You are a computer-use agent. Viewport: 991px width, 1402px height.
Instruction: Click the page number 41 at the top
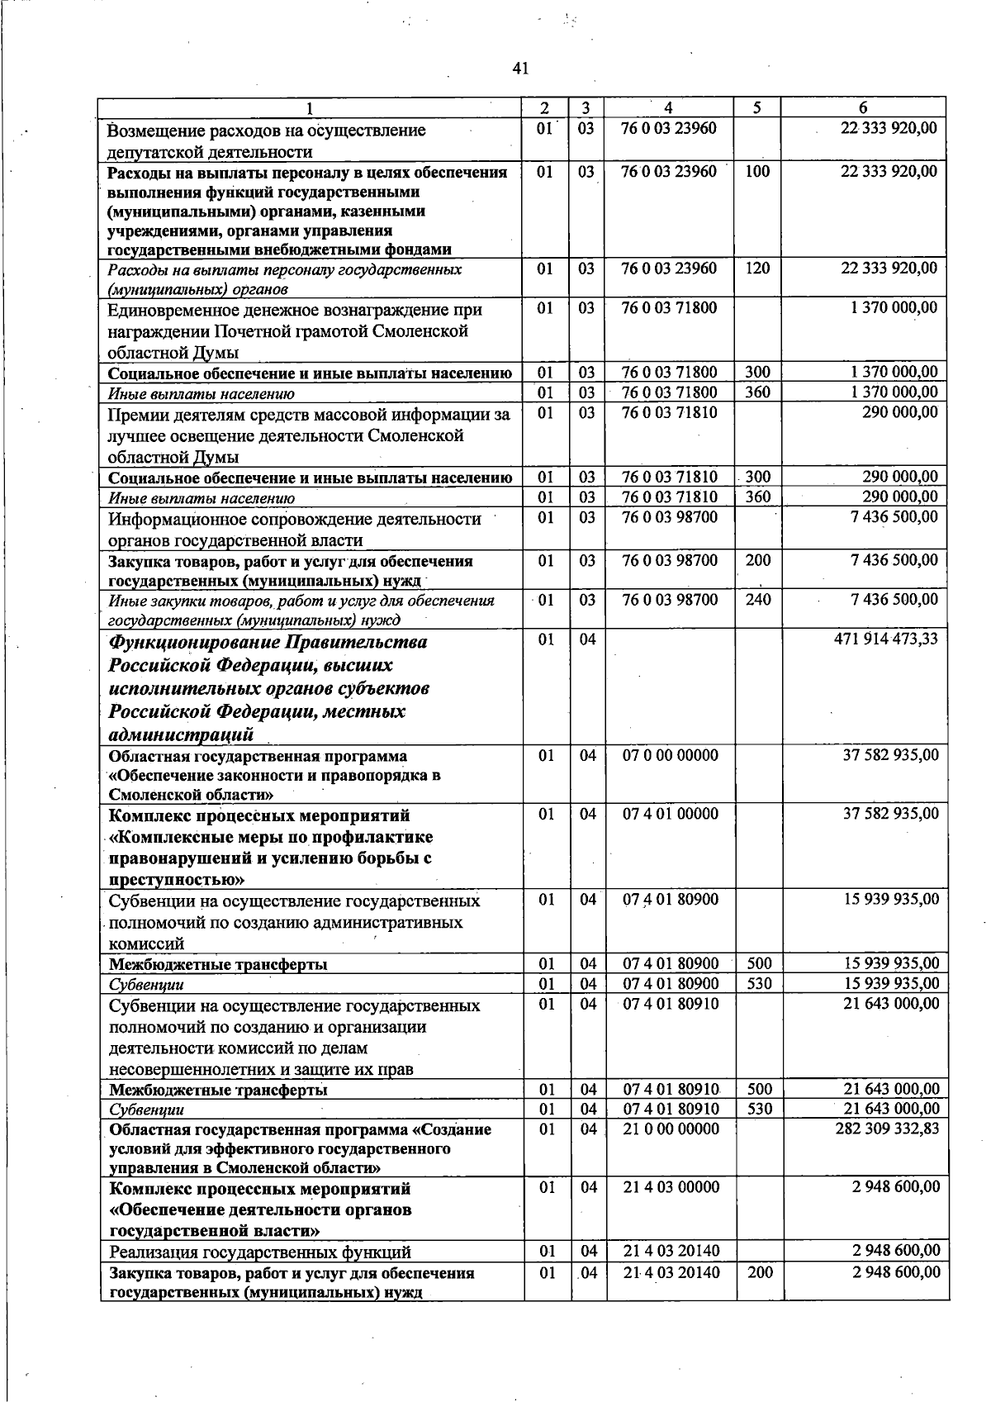(519, 69)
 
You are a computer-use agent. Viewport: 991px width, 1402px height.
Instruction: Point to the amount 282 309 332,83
(887, 1129)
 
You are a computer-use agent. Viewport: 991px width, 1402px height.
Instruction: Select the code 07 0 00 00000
(671, 755)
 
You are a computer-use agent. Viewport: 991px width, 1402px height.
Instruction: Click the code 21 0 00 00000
(671, 1129)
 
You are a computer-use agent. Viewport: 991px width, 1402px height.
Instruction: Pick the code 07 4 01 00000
(671, 814)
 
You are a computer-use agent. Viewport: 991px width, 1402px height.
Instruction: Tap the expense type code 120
(756, 269)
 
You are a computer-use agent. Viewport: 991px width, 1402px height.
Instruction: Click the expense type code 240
(757, 600)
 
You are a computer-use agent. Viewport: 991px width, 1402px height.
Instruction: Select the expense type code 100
(756, 171)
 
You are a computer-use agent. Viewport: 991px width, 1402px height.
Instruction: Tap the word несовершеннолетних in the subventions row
(199, 1070)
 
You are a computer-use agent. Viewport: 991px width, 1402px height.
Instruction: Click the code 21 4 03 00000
(671, 1187)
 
